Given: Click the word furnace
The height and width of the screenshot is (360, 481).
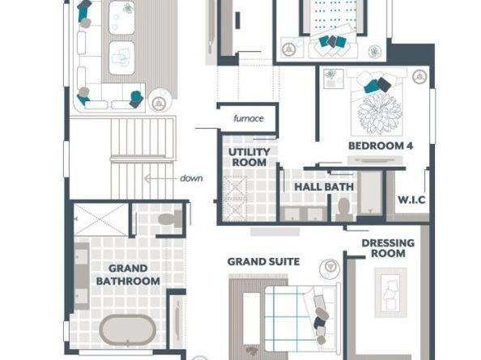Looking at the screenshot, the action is tap(249, 118).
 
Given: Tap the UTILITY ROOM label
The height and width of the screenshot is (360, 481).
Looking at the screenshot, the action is tap(249, 157).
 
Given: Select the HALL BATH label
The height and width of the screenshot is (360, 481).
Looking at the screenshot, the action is tap(324, 187).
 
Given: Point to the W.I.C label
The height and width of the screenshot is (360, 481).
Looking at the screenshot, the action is tap(411, 200).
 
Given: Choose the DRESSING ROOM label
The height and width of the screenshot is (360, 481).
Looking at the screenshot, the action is tap(388, 248).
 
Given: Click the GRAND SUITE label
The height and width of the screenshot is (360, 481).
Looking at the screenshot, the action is tap(263, 261).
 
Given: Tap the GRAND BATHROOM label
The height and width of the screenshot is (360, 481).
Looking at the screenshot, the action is tap(128, 275).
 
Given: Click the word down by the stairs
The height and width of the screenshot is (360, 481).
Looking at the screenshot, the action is tap(191, 178).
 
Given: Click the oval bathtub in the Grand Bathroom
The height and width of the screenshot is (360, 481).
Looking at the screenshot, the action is tap(128, 330).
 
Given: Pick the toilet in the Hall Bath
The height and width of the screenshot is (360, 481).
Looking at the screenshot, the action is tap(343, 209).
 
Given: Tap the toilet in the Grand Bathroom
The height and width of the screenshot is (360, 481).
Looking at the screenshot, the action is tap(170, 218).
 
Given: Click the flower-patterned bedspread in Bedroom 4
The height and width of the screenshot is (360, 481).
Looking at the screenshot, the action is tap(380, 113).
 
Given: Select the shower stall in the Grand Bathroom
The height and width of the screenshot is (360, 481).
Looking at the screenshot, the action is tap(100, 220).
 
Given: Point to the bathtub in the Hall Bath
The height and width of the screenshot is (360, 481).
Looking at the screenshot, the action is tap(370, 193).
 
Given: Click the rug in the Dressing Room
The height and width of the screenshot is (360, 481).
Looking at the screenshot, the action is tap(390, 293).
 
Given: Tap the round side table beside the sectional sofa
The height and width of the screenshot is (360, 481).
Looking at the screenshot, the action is tap(160, 100).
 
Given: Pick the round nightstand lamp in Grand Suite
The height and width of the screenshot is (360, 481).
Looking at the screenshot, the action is tap(330, 268).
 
